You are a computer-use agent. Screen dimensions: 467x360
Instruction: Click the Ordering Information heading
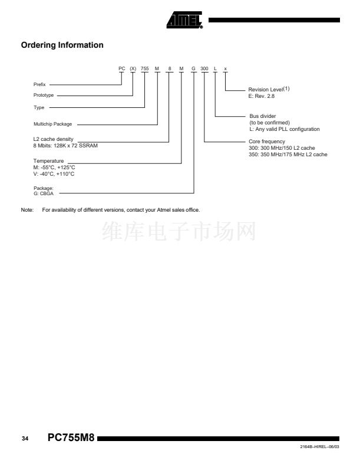[x=62, y=45]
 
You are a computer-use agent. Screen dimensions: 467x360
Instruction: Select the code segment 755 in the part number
[x=145, y=69]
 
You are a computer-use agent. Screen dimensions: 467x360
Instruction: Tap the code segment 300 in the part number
[x=204, y=69]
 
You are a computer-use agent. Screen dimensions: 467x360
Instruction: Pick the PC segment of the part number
[x=122, y=69]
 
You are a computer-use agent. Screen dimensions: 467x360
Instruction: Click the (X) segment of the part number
[x=133, y=69]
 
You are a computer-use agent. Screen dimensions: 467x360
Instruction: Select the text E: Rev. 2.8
[x=262, y=96]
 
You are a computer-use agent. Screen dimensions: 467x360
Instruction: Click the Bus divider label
[x=263, y=116]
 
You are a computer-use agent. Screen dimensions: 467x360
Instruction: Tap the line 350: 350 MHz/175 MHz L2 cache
[x=288, y=154]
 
